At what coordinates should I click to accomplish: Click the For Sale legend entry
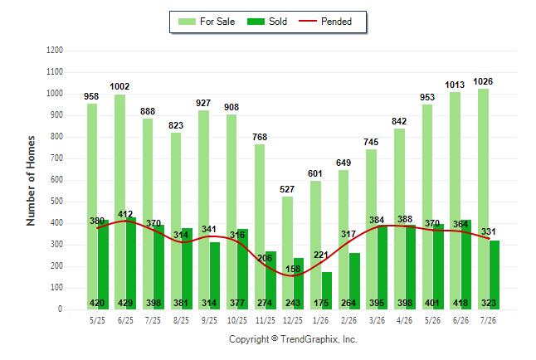[x=207, y=22]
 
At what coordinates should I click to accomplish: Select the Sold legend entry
[x=267, y=22]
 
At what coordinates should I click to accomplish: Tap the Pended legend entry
[x=325, y=22]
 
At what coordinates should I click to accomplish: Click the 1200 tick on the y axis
[x=55, y=51]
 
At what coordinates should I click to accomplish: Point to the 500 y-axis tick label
[x=56, y=202]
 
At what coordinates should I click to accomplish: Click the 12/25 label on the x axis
[x=293, y=320]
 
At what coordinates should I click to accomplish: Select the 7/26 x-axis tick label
[x=488, y=320]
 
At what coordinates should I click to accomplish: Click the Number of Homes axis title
[x=31, y=181]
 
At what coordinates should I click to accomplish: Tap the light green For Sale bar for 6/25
[x=120, y=202]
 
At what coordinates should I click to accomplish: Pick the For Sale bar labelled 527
[x=287, y=253]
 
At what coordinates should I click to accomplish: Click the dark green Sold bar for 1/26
[x=327, y=290]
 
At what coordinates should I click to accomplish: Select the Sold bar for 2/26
[x=355, y=281]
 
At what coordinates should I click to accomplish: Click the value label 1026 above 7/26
[x=483, y=82]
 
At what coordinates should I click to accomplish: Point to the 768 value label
[x=260, y=137]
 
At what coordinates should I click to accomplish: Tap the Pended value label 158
[x=293, y=269]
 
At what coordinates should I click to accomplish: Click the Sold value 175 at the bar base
[x=321, y=303]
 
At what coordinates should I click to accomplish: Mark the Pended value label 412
[x=125, y=214]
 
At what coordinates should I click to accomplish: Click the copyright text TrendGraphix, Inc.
[x=319, y=339]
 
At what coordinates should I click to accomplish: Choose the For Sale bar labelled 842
[x=400, y=219]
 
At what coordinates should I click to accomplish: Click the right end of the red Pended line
[x=490, y=238]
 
